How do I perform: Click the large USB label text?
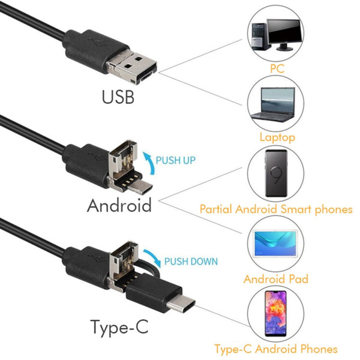(118, 96)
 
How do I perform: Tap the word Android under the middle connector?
(119, 205)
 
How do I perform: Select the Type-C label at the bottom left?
(118, 327)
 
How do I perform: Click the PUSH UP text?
(176, 161)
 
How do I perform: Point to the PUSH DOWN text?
(191, 261)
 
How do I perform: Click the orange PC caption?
(277, 69)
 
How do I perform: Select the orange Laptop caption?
(277, 137)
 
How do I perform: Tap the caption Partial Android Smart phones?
(275, 209)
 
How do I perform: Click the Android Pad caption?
(275, 279)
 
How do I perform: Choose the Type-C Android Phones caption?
(276, 349)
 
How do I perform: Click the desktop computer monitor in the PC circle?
(284, 31)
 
